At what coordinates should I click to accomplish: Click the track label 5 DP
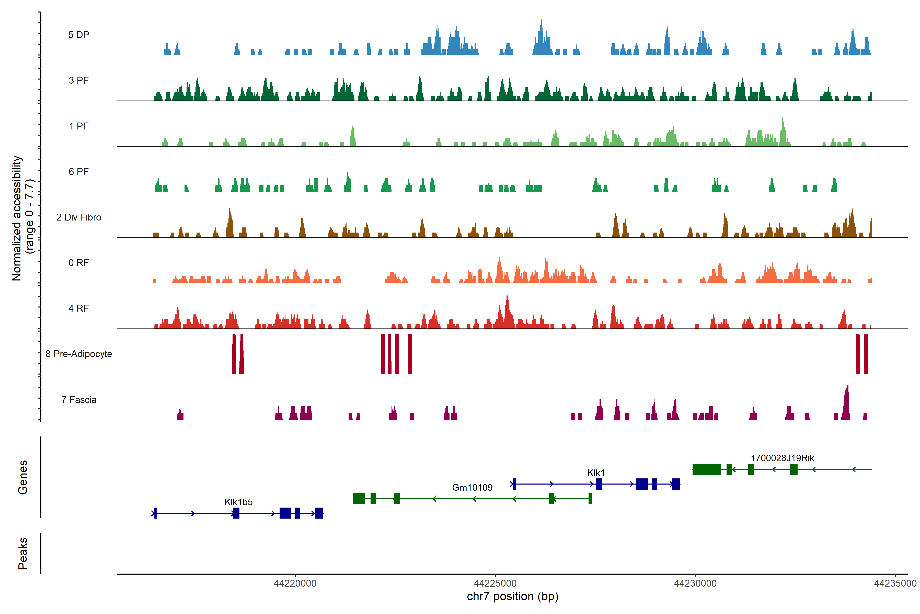tap(79, 35)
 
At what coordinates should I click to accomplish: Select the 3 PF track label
tap(79, 80)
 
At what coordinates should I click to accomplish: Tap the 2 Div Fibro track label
tap(79, 217)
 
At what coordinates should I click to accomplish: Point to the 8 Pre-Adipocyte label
tap(79, 354)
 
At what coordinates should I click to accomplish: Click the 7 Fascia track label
tap(79, 400)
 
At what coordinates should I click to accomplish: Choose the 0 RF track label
tap(79, 263)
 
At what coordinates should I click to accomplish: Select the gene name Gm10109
tap(472, 488)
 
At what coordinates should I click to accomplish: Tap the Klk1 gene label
tap(596, 473)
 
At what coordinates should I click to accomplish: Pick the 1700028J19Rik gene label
tap(782, 458)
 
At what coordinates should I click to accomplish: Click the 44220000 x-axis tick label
tap(295, 584)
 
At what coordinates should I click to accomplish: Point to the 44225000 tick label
tap(495, 584)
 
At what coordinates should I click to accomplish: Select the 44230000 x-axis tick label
tap(695, 584)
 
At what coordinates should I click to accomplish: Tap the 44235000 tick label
tap(895, 584)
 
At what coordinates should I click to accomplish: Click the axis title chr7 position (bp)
tap(512, 596)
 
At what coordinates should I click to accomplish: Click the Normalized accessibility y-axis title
tap(23, 218)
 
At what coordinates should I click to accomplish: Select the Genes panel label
tap(23, 477)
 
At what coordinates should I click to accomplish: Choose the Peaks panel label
tap(23, 553)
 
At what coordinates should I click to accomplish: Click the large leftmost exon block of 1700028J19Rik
tap(706, 469)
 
